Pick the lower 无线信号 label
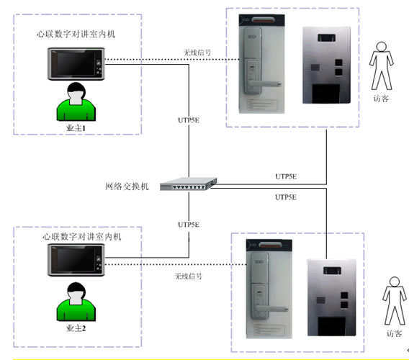tap(189, 276)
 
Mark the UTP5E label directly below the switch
tap(188, 225)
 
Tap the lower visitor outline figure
tap(392, 301)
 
